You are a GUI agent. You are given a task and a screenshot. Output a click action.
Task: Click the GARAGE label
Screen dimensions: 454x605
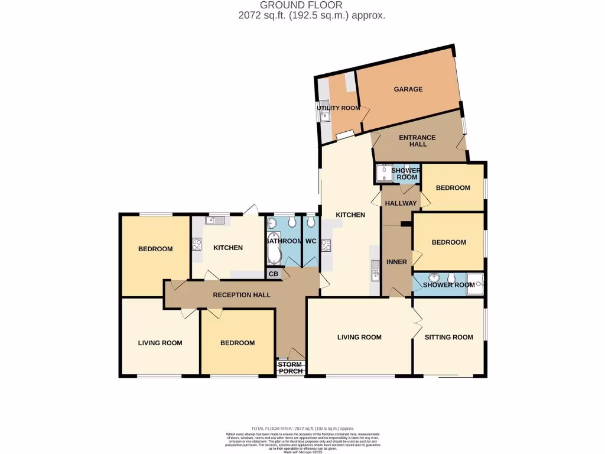(x=408, y=89)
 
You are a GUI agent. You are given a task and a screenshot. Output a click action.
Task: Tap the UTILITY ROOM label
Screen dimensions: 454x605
(x=338, y=108)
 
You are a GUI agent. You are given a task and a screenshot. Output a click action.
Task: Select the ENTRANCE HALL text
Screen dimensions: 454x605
(x=417, y=141)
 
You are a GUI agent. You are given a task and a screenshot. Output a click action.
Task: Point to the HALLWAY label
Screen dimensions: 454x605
(x=401, y=203)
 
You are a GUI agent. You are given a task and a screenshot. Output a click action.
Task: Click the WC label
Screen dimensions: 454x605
(x=311, y=241)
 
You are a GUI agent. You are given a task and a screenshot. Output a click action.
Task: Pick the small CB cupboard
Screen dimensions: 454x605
(x=274, y=274)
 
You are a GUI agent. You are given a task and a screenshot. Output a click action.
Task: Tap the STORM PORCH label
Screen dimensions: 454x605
(x=290, y=368)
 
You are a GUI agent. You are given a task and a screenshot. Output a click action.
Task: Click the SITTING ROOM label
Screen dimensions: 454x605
(x=449, y=337)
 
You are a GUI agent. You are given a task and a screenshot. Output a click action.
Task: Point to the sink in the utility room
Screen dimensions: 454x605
(x=324, y=116)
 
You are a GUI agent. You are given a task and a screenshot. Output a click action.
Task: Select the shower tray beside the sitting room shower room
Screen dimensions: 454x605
(x=475, y=283)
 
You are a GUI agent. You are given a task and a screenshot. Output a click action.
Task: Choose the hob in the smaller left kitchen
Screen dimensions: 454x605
(x=197, y=244)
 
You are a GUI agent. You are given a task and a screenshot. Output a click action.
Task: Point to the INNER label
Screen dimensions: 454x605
(x=396, y=262)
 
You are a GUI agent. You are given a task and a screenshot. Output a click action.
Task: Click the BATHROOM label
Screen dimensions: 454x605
(x=284, y=241)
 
